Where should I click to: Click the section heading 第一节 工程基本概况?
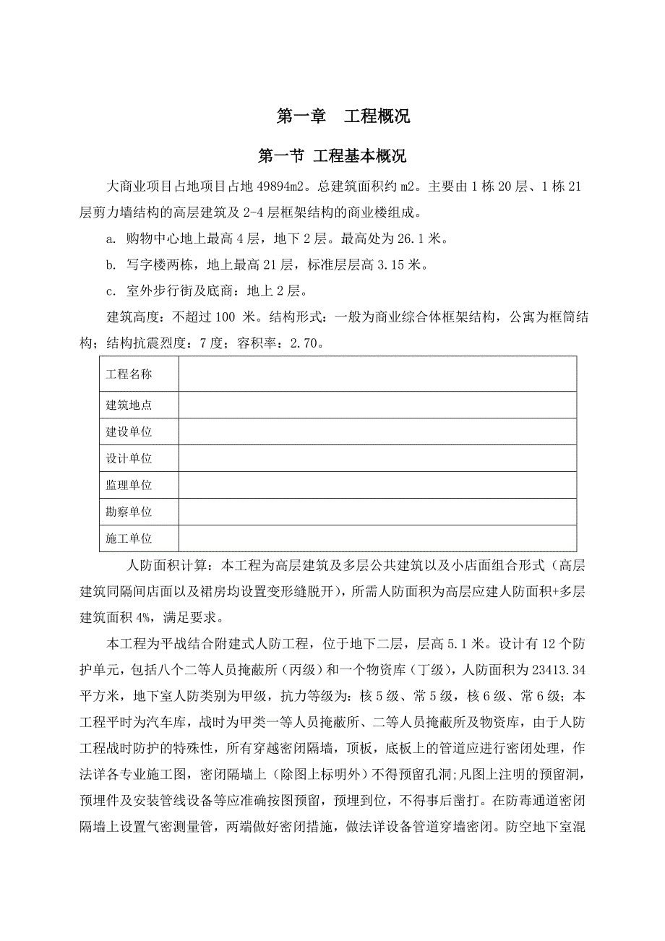[x=332, y=156]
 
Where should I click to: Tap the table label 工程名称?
[x=129, y=374]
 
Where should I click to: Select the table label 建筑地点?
[x=129, y=405]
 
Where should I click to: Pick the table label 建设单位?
[x=129, y=432]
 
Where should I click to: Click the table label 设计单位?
[x=129, y=459]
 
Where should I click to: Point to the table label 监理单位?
[x=129, y=486]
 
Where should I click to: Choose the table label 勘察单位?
[x=129, y=512]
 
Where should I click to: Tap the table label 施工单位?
[x=129, y=539]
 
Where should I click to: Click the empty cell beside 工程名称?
[x=377, y=374]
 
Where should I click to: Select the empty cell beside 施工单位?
[x=377, y=539]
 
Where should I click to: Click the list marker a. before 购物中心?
[x=111, y=239]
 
